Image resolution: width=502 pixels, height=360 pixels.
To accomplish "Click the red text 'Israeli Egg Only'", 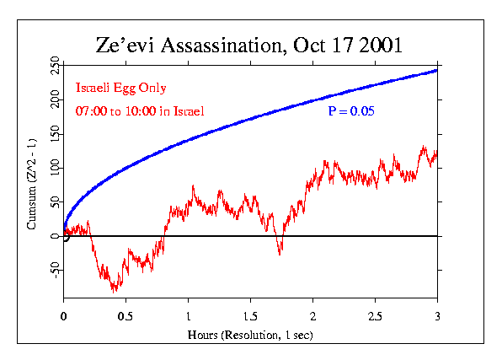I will click(x=121, y=88).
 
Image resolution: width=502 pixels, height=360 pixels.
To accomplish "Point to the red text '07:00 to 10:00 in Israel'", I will click(x=139, y=111).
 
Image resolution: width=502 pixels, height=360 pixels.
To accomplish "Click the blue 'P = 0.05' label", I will click(x=350, y=111).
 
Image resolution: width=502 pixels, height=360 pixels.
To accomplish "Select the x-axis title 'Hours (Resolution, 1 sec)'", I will click(x=250, y=336).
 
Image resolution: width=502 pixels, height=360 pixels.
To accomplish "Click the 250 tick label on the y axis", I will click(x=54, y=67).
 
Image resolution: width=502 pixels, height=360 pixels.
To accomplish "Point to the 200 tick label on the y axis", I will click(x=54, y=101).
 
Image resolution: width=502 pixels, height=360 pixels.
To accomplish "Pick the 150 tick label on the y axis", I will click(x=54, y=135).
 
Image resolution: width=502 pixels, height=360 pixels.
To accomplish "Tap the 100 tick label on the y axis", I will click(x=54, y=169).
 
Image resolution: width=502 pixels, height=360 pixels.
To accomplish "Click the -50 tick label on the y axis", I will click(x=54, y=270).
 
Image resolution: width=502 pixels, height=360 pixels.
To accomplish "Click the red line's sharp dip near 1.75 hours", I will click(x=280, y=253).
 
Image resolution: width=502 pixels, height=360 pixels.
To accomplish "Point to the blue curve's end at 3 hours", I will click(x=437, y=70).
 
